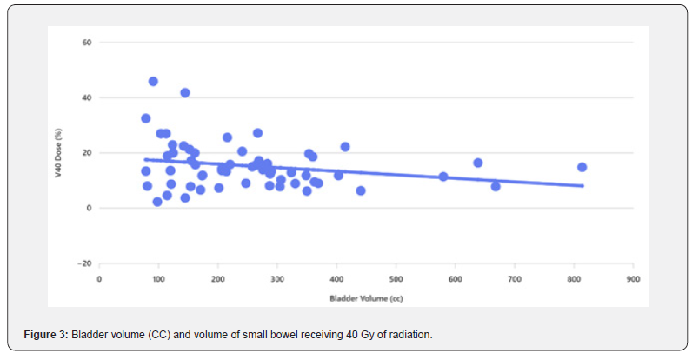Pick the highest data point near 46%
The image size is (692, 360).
tap(153, 81)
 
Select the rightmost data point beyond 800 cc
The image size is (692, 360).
tap(582, 167)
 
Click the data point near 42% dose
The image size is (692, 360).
tap(185, 92)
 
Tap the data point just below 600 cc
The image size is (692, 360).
tap(443, 177)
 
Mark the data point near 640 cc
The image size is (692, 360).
tap(477, 163)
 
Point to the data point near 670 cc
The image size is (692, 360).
tap(496, 186)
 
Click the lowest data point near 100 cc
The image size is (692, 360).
tap(157, 202)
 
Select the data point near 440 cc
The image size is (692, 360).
tap(361, 190)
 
